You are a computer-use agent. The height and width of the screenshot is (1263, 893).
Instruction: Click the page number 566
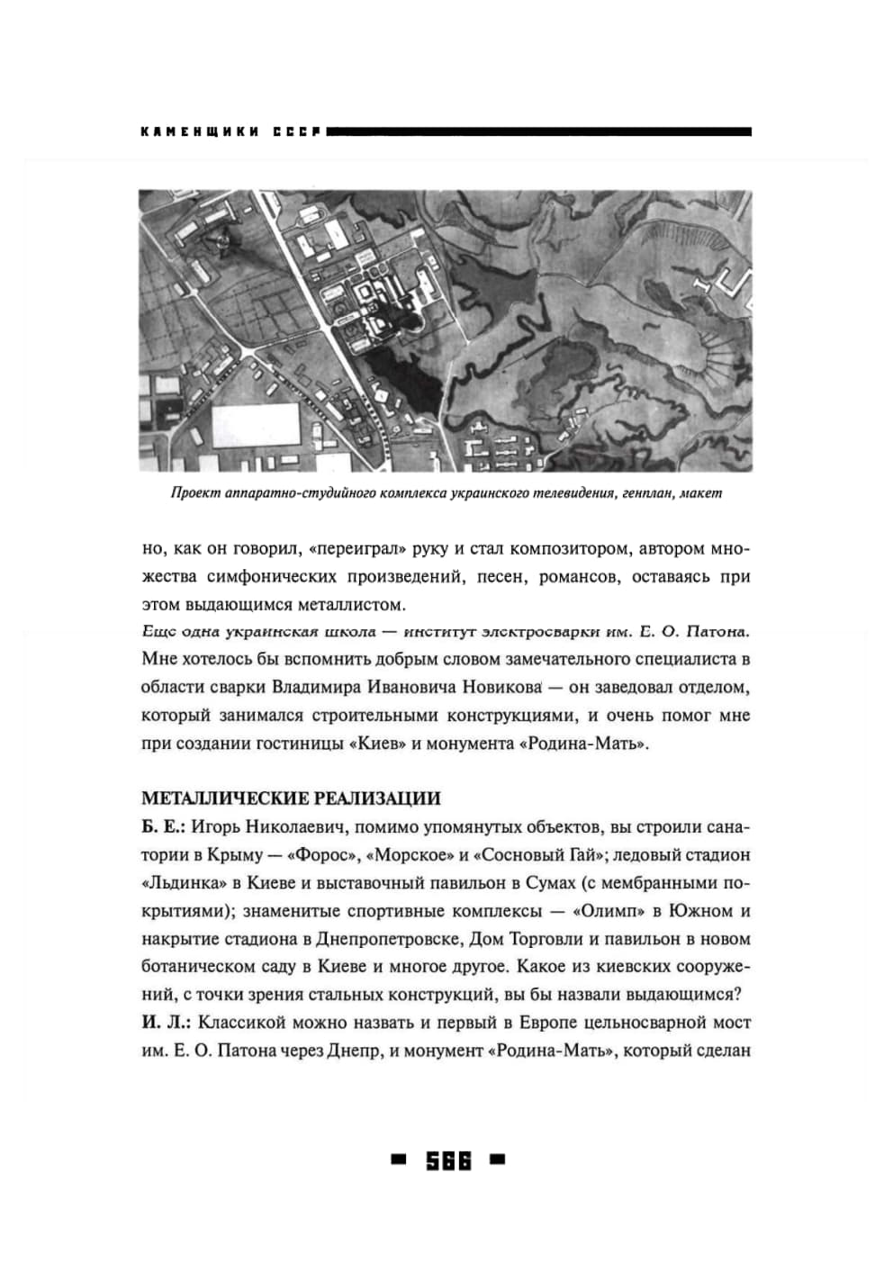448,1161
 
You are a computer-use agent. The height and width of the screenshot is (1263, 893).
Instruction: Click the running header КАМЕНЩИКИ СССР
230,132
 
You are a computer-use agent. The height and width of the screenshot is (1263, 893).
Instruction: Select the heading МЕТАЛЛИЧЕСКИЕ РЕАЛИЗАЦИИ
291,798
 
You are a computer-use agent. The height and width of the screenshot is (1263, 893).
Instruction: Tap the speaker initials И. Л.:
166,1023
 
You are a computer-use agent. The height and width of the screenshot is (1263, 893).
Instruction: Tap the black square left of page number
398,1160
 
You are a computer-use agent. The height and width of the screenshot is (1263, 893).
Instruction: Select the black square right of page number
498,1160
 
